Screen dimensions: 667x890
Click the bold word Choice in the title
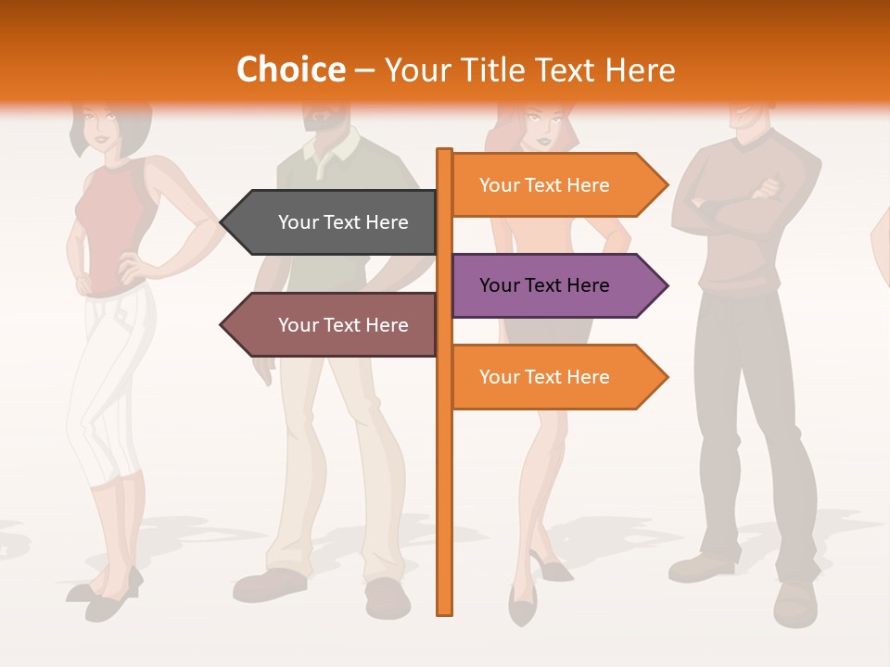[x=290, y=69]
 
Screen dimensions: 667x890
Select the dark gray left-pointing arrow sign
[x=334, y=222]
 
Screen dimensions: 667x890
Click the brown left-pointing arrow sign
[x=334, y=325]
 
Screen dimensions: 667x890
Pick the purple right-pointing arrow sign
[x=552, y=285]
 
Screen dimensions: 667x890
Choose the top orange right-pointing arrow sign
[x=552, y=185]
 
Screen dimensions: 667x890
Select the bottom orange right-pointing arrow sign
[x=552, y=377]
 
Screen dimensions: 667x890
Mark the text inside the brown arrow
[x=343, y=325]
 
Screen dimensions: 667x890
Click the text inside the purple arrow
[x=544, y=285]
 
